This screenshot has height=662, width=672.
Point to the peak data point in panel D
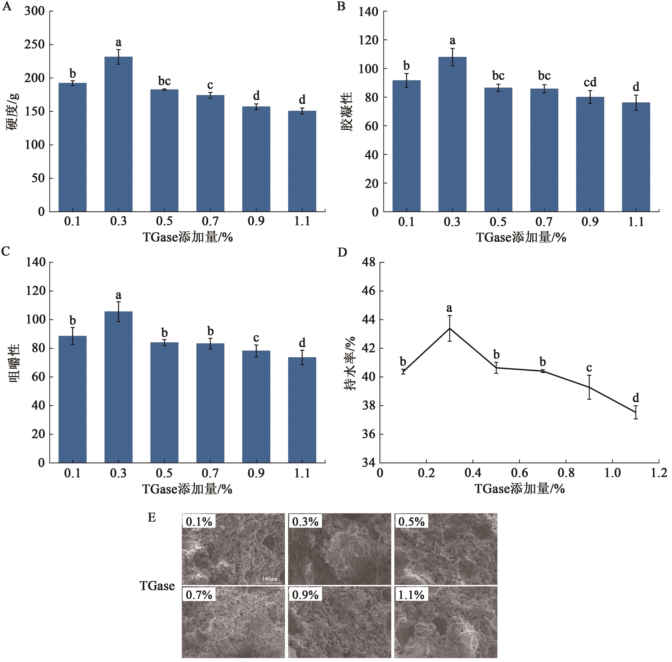click(x=450, y=328)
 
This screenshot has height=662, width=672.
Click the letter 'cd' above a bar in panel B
click(x=590, y=82)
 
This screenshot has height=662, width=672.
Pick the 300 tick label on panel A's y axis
click(x=35, y=11)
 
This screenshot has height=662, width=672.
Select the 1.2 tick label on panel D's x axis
click(x=659, y=473)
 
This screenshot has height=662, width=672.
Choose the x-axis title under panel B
click(x=521, y=237)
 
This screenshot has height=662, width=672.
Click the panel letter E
click(x=152, y=517)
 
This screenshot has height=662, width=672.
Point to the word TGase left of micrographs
click(x=157, y=586)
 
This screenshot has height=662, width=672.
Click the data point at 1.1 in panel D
click(x=636, y=412)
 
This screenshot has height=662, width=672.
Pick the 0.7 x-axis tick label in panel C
click(x=210, y=473)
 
